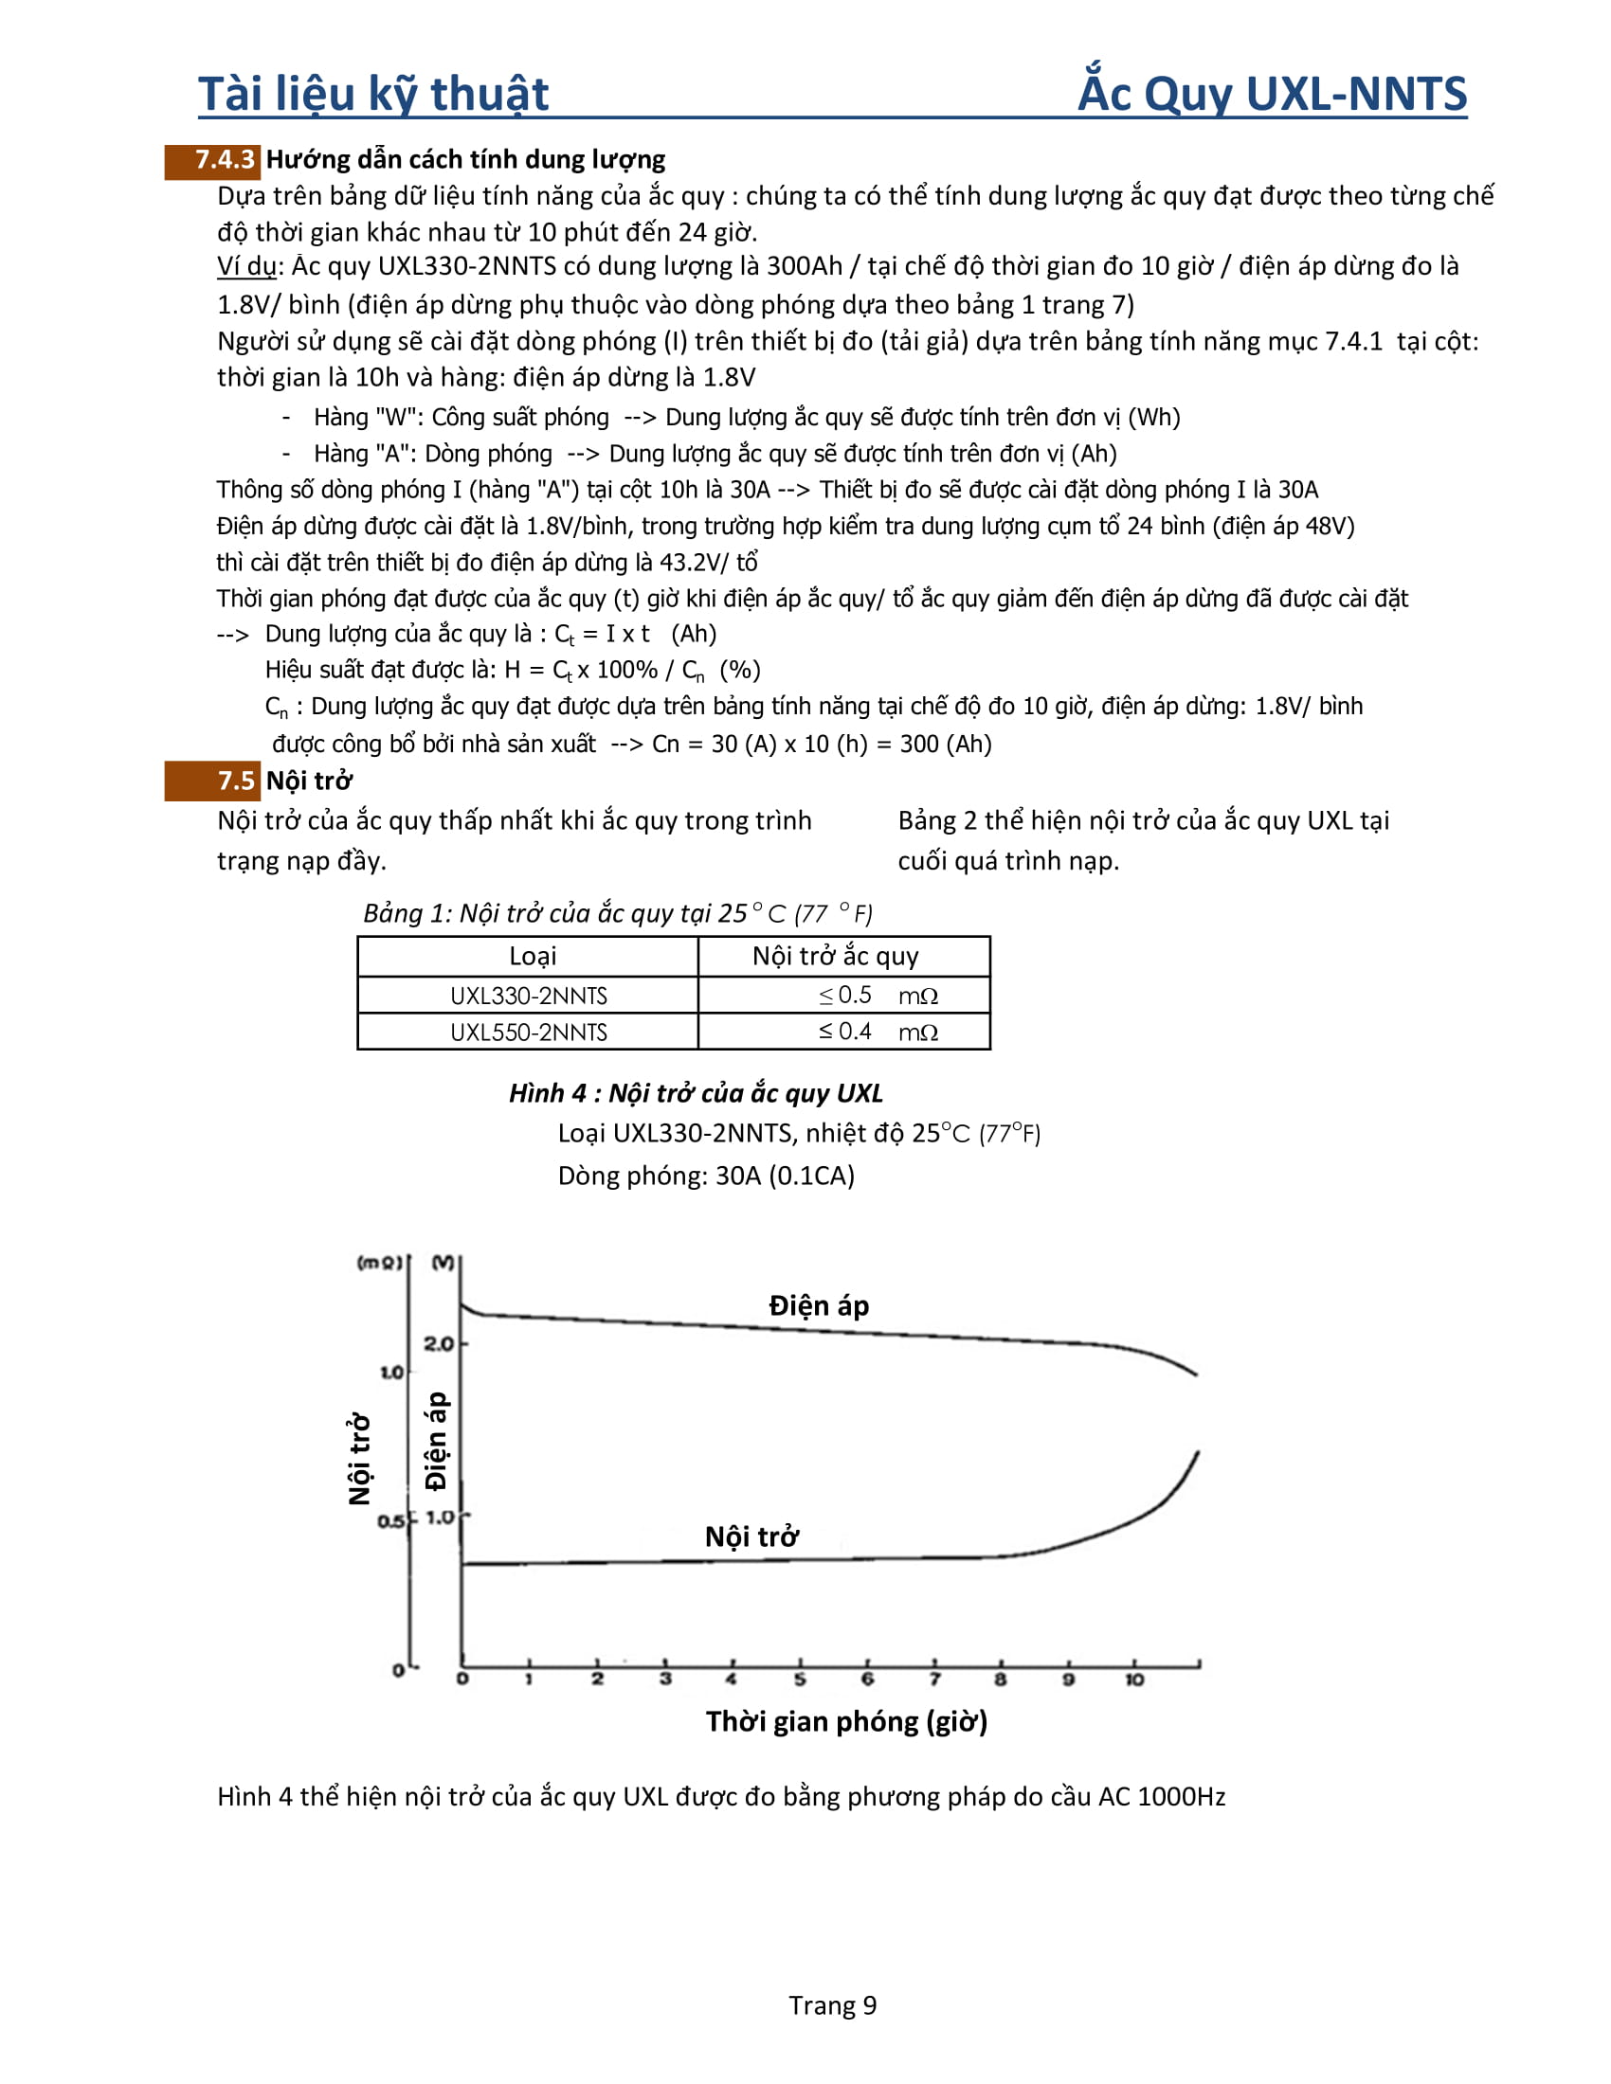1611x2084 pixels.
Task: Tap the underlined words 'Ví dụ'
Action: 246,267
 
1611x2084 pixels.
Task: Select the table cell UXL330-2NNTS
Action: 528,996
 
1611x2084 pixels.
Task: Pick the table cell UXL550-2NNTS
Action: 528,1033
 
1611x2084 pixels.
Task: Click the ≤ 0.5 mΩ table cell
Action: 844,996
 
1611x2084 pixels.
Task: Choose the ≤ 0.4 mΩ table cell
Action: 844,1033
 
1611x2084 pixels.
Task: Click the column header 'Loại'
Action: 532,956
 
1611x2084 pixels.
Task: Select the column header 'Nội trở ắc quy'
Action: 835,956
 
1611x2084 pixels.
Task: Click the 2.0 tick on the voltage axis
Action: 438,1343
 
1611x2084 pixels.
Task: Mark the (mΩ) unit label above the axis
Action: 379,1263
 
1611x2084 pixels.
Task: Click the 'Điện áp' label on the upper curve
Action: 819,1305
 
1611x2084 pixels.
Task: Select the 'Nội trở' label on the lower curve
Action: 752,1537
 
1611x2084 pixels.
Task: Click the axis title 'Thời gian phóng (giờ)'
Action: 846,1720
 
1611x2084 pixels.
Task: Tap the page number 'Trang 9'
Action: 832,2004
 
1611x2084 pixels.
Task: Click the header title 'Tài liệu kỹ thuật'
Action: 373,95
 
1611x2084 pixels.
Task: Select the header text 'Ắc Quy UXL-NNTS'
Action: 1272,95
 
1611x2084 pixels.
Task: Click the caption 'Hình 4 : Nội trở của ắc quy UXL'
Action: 696,1093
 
